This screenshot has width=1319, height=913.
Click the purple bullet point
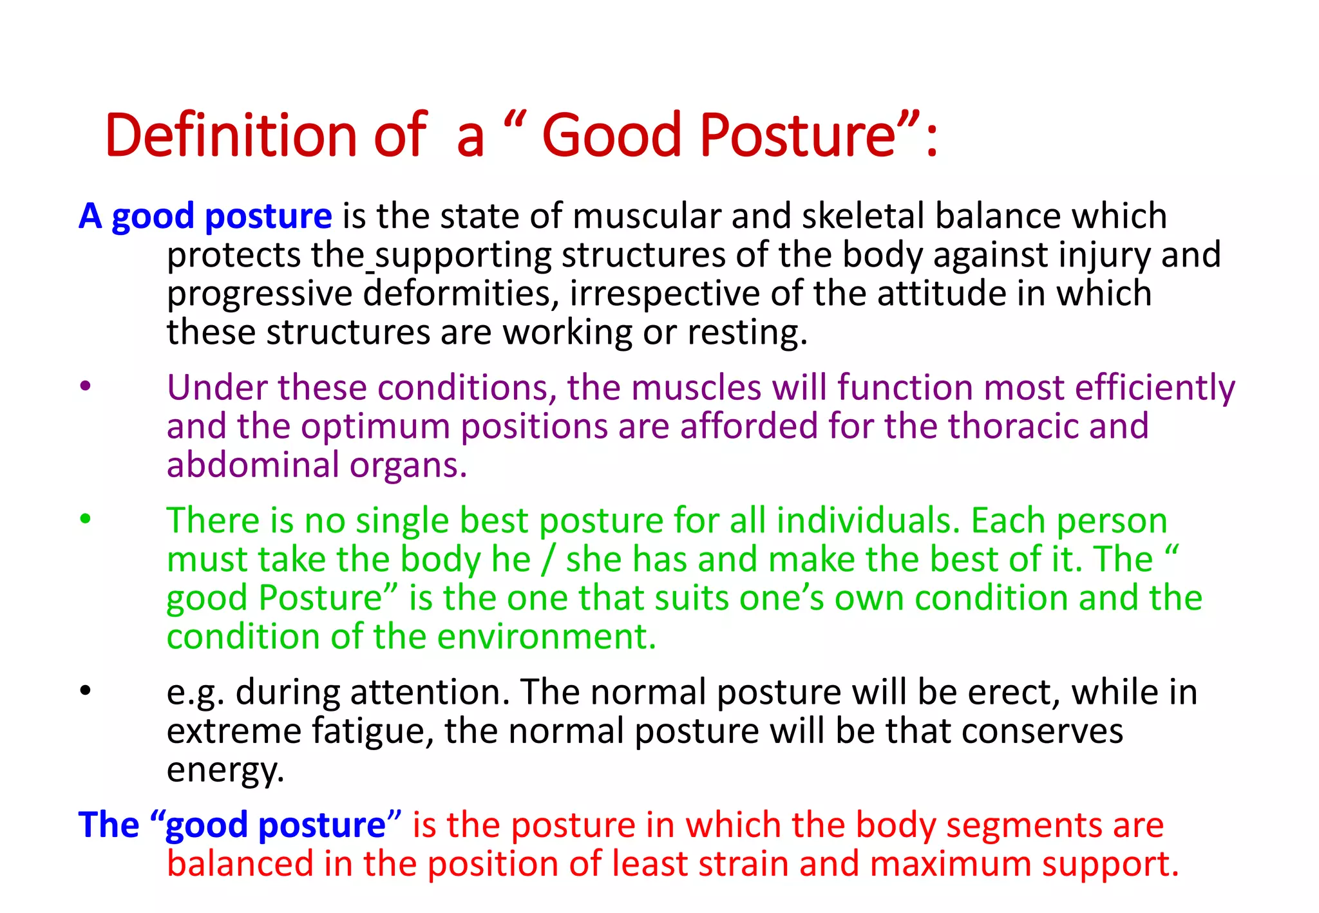click(x=85, y=387)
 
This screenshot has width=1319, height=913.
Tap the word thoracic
click(x=1013, y=427)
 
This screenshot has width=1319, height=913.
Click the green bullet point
click(x=85, y=519)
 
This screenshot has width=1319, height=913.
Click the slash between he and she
click(x=548, y=560)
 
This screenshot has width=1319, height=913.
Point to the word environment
click(x=546, y=637)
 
